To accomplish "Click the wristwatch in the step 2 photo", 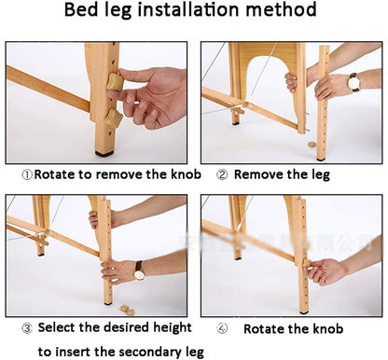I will [353, 82].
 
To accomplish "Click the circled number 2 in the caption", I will [222, 173].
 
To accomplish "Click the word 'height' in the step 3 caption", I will [170, 328].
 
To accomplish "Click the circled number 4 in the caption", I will [222, 329].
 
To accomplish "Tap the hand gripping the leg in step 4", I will [326, 271].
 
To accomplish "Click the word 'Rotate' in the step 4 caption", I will [267, 329].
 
